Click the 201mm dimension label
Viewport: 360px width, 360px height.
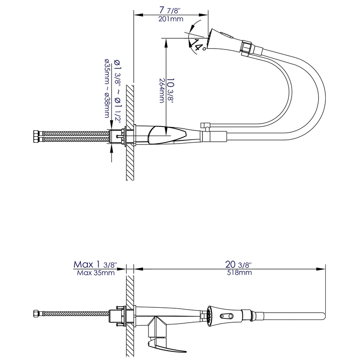[171, 19]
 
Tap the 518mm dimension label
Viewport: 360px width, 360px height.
[239, 272]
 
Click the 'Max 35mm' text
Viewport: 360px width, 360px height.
[95, 272]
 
